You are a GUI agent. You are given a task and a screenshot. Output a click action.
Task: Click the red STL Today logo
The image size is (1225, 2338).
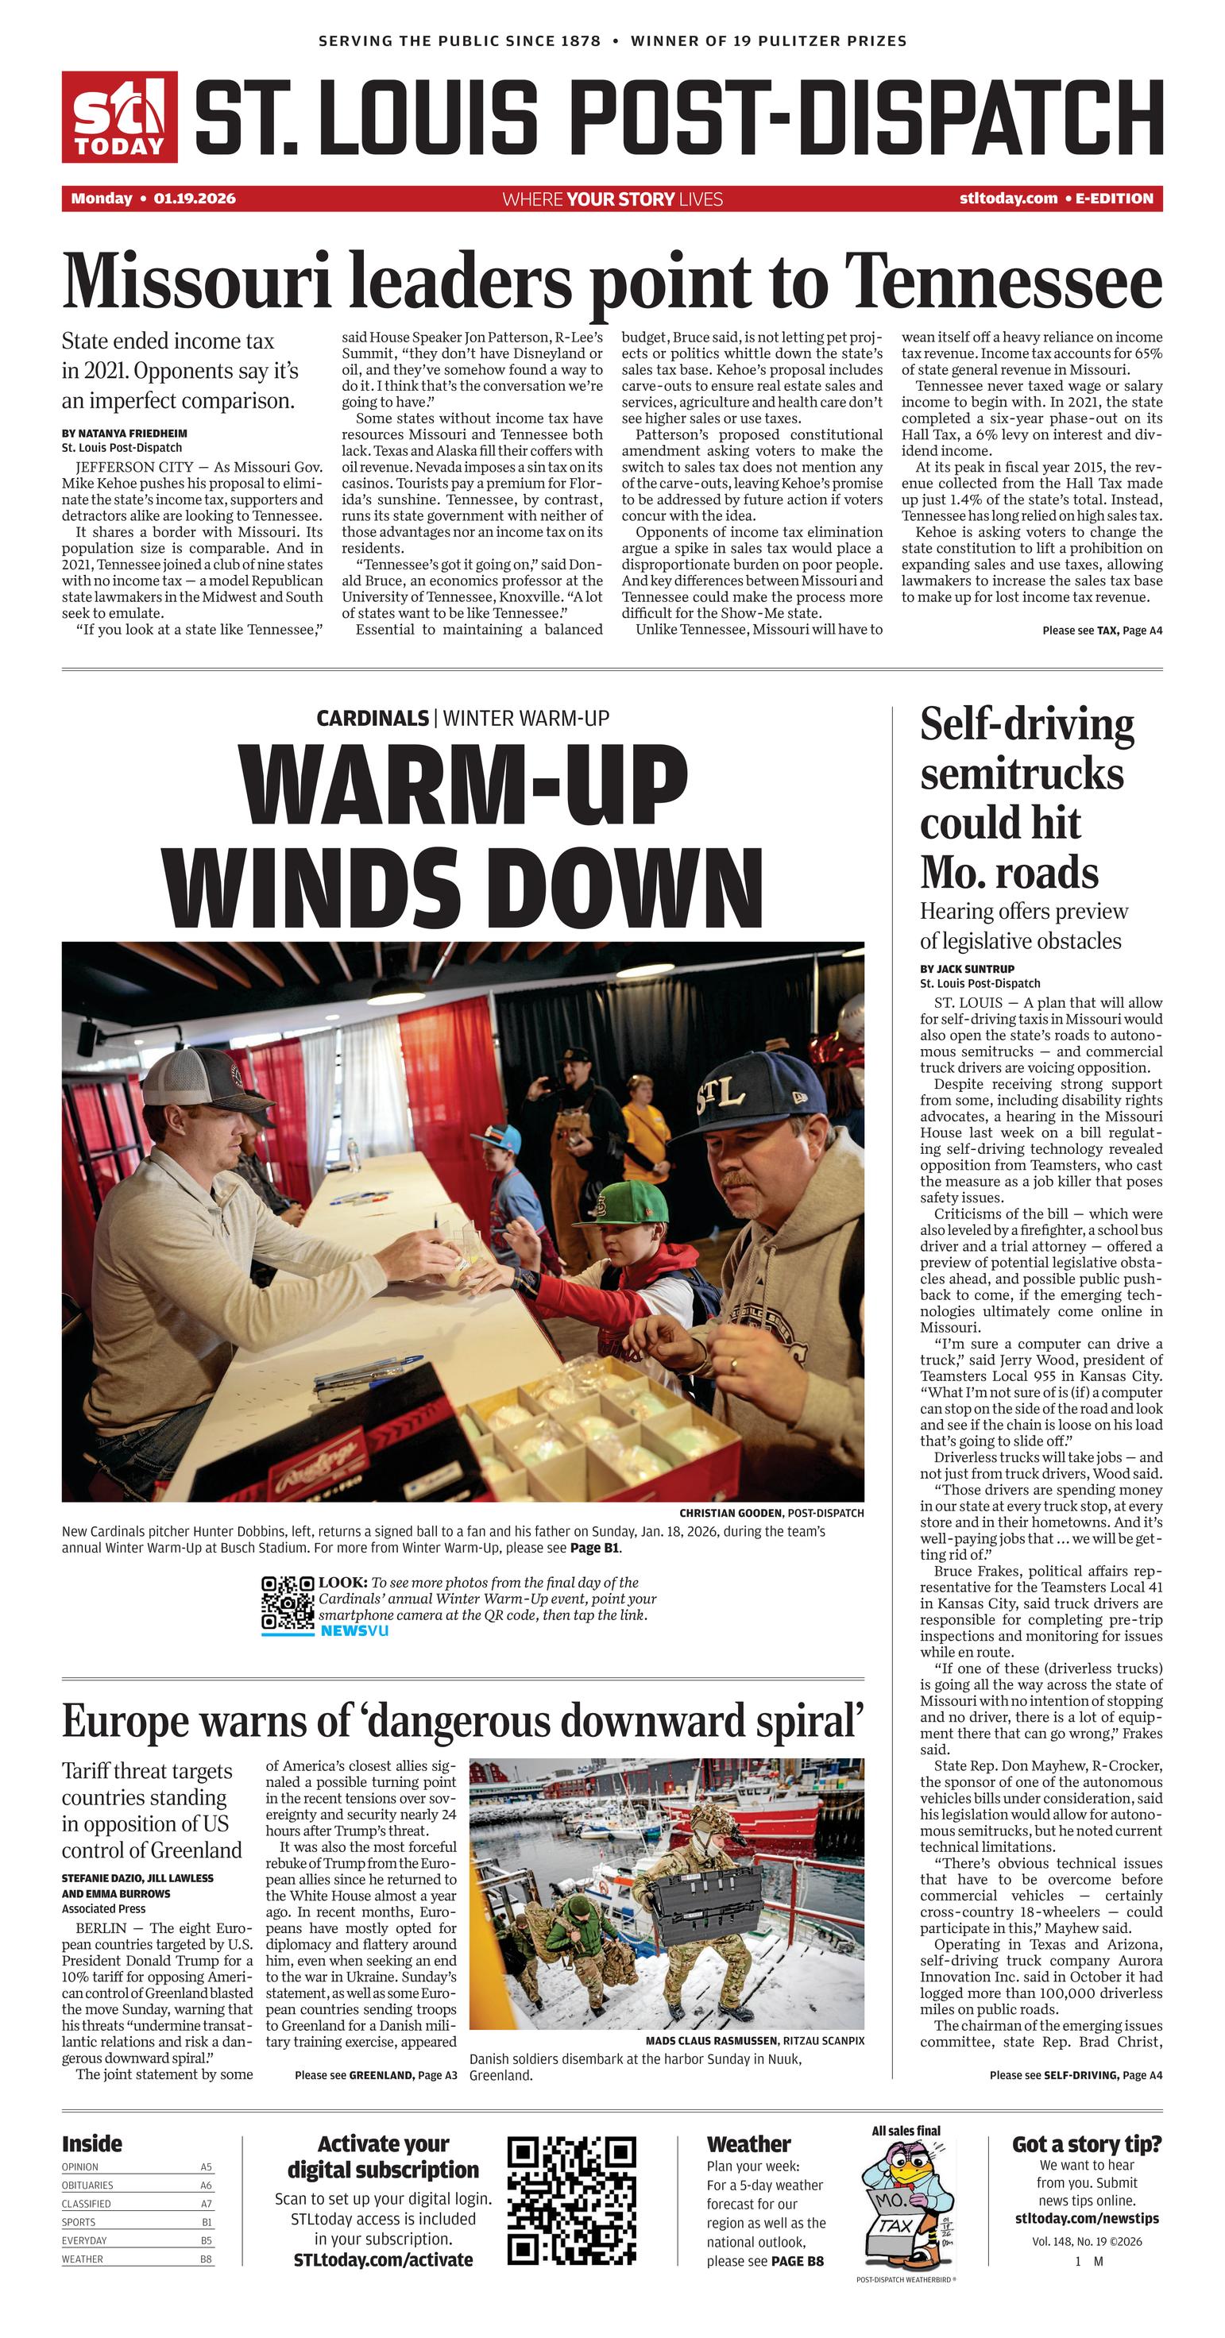[x=119, y=117]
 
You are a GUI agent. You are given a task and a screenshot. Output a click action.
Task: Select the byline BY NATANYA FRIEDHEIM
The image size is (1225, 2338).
[x=125, y=433]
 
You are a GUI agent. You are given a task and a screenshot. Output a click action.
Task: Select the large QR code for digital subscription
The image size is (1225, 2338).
[x=571, y=2201]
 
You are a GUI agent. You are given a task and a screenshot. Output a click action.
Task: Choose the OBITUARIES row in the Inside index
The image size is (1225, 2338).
[x=136, y=2186]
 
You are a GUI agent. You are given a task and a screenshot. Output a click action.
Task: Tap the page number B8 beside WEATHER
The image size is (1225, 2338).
[x=206, y=2259]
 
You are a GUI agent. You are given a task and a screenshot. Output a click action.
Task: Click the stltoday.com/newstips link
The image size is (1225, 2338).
[x=1086, y=2218]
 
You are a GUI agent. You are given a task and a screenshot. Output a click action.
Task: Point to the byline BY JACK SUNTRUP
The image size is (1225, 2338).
[x=966, y=968]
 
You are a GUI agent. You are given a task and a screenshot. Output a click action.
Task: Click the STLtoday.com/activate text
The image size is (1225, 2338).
[x=382, y=2259]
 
